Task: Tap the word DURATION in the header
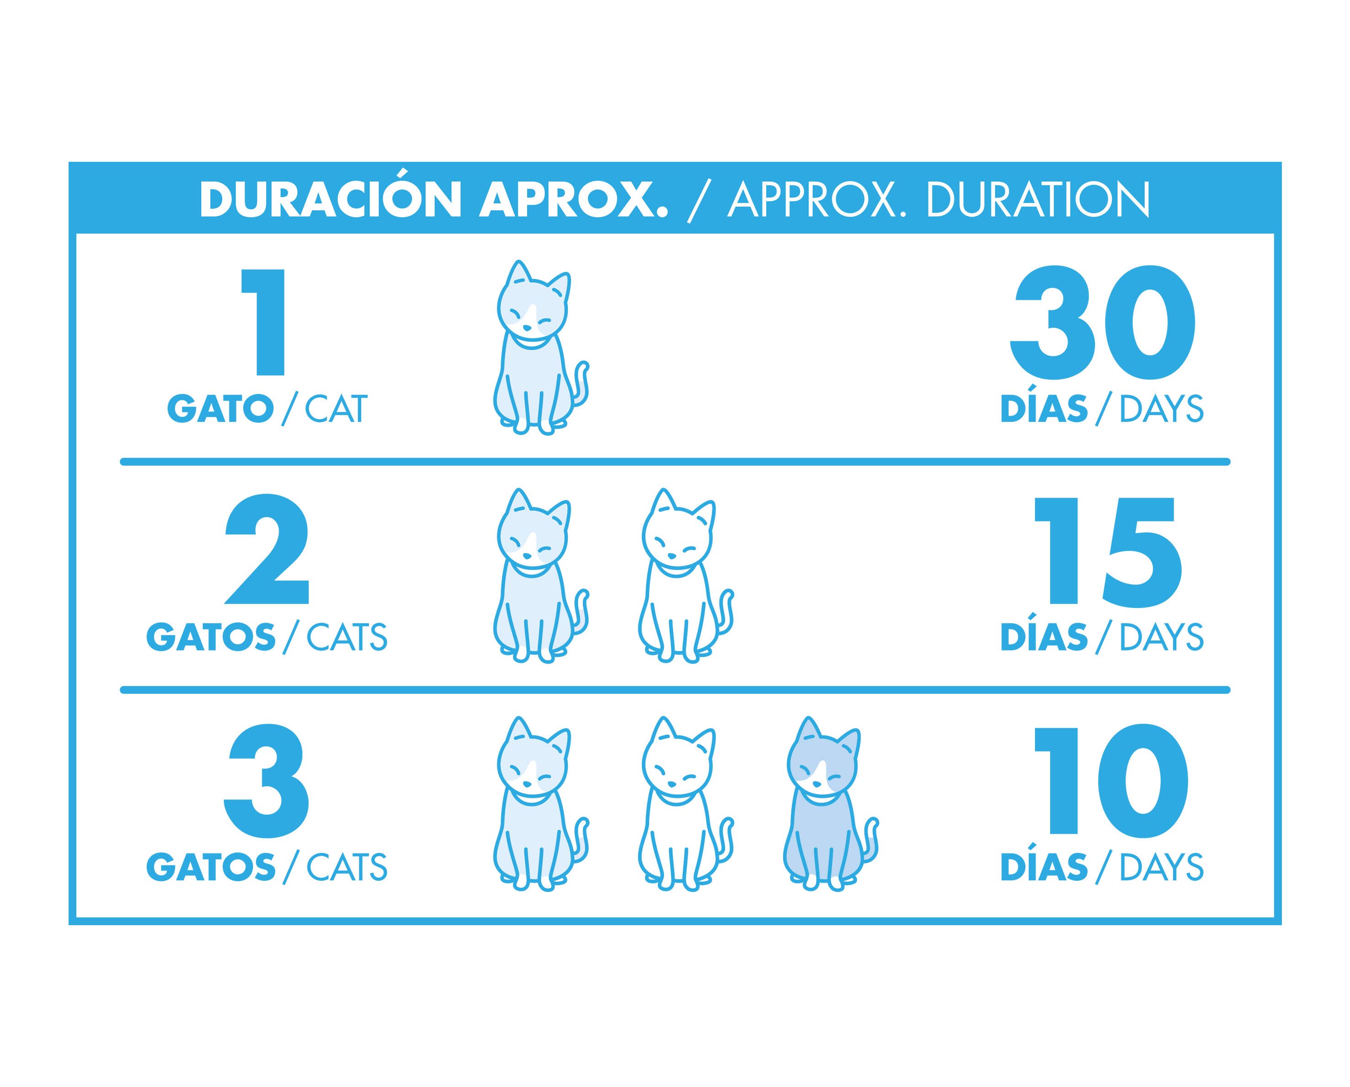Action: click(1038, 200)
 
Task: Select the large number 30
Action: click(1103, 322)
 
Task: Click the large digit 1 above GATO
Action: click(264, 322)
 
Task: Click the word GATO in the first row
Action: click(220, 410)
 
